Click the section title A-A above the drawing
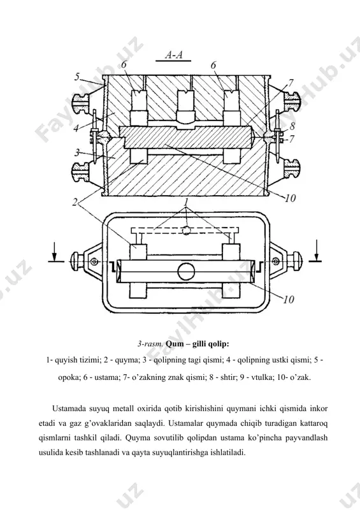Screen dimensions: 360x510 [x=174, y=55]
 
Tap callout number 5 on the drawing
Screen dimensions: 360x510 [x=76, y=76]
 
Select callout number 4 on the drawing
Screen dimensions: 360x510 [x=76, y=128]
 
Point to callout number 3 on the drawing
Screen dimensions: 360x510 [x=77, y=152]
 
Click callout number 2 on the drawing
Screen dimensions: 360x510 [x=75, y=202]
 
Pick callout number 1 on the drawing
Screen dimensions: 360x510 [x=186, y=202]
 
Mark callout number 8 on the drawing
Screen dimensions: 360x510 [x=292, y=126]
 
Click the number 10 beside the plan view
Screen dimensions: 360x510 [x=289, y=299]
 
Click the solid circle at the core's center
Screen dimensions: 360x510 [x=186, y=272]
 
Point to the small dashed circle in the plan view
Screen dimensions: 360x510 [x=185, y=230]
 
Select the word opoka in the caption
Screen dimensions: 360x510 [x=68, y=377]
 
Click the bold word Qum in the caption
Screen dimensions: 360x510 [x=175, y=344]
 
